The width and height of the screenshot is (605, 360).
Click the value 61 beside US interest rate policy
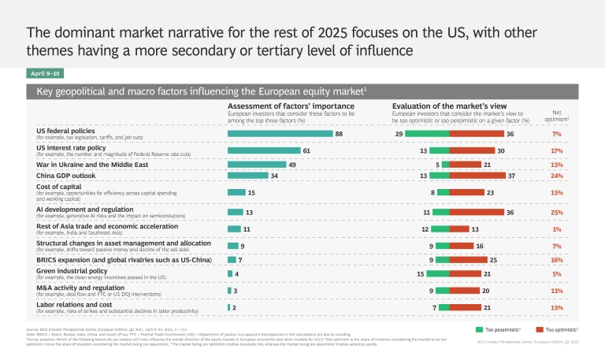[x=307, y=150]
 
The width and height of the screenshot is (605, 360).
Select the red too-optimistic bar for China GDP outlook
[x=478, y=175]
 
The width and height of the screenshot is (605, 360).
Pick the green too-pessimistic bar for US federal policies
[x=427, y=135]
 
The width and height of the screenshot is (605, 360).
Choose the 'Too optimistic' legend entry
[x=560, y=329]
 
